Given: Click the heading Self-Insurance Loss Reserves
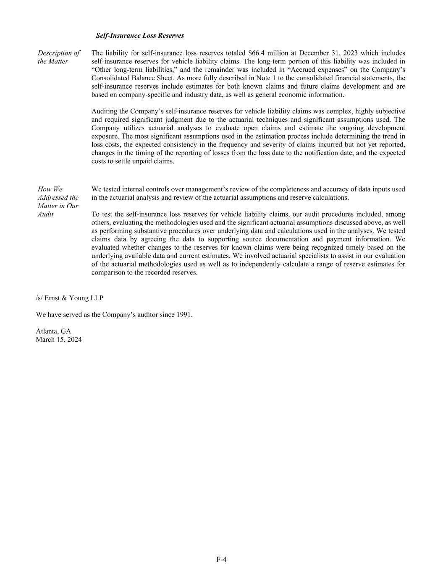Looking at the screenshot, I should click(139, 36).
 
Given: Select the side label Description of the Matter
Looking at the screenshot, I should click(58, 57).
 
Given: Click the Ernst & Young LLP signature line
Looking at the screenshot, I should click(69, 298).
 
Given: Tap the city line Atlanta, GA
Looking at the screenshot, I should click(53, 331).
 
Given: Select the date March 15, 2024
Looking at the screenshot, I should click(59, 340).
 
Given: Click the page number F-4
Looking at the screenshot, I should click(221, 559).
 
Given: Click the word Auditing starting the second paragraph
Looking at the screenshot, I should click(104, 111).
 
